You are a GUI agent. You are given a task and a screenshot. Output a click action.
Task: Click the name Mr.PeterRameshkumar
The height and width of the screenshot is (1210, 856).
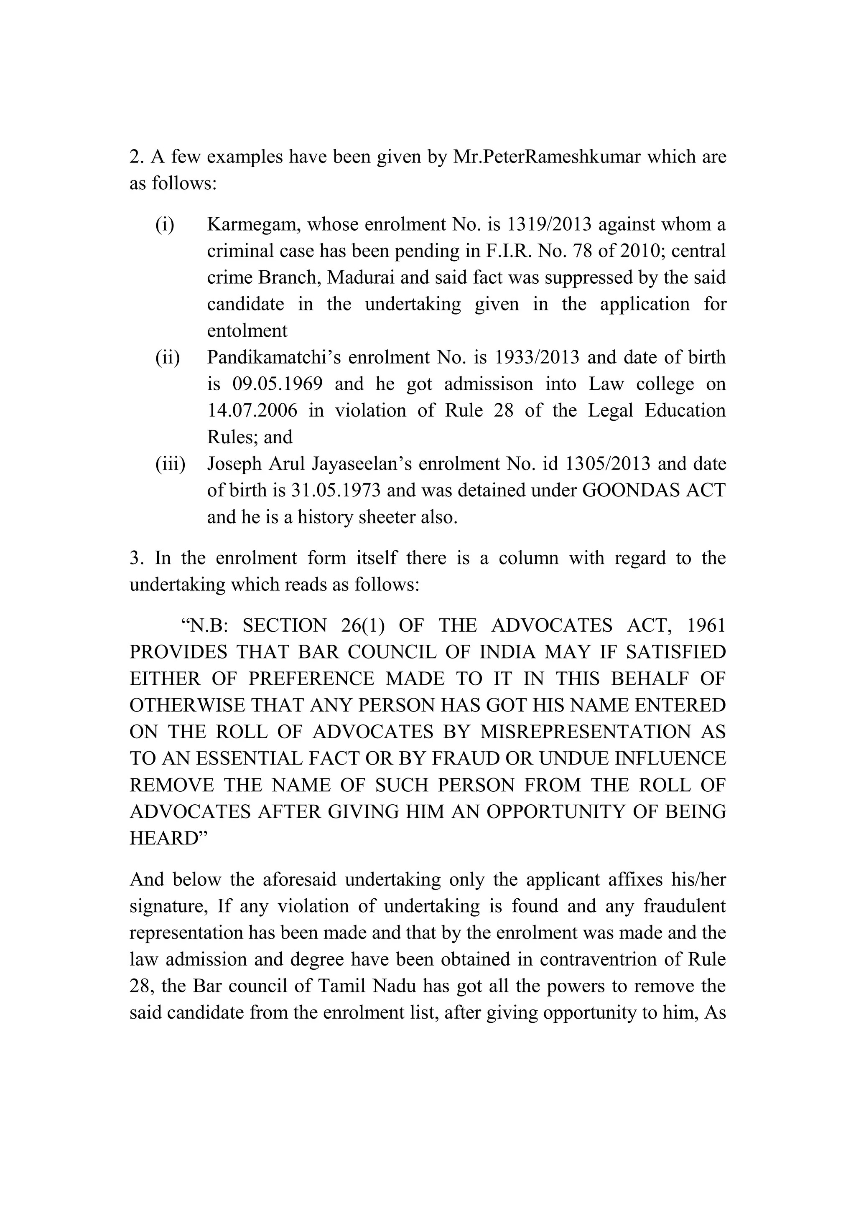(x=546, y=157)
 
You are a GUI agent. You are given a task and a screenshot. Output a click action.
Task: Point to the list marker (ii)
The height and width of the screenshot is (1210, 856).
(x=168, y=357)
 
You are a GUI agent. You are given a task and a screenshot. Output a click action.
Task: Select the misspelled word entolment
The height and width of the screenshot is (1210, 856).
(x=247, y=331)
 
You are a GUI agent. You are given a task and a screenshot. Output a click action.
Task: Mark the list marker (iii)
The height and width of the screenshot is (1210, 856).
(x=170, y=464)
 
